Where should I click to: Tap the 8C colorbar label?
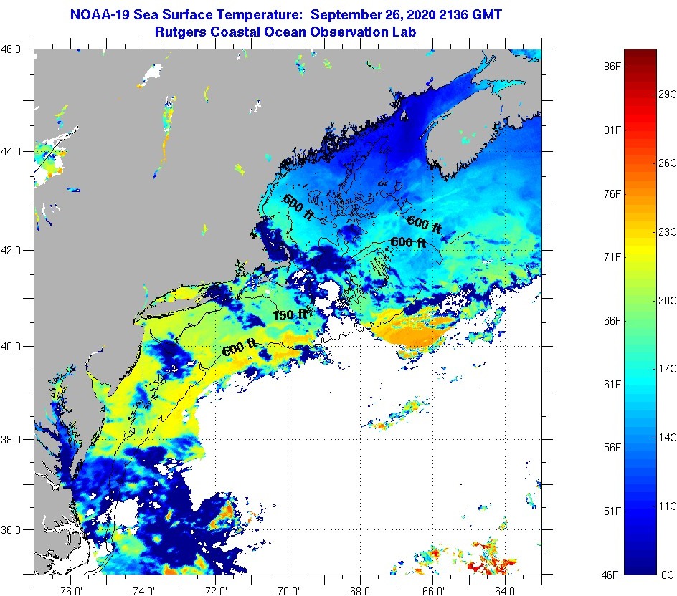point(667,574)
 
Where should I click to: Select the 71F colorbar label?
point(612,256)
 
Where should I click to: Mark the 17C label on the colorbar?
point(668,368)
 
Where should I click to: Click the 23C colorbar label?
point(668,231)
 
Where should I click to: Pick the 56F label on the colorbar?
point(612,448)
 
